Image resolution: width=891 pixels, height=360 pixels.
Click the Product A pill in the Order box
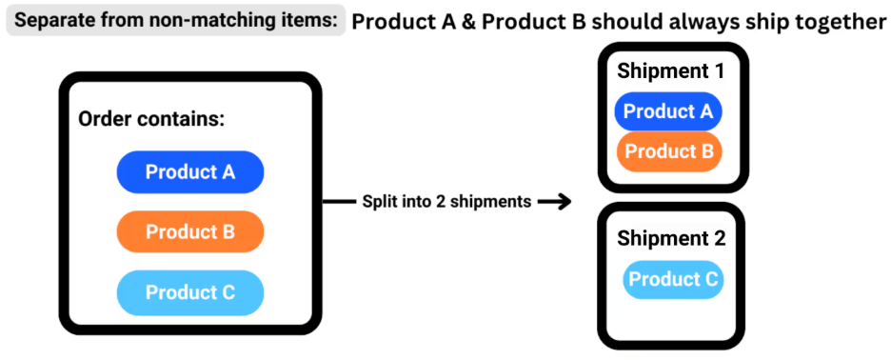pyautogui.click(x=189, y=172)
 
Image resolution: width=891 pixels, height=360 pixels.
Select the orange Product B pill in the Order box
pyautogui.click(x=189, y=231)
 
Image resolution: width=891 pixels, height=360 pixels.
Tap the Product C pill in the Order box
pyautogui.click(x=189, y=292)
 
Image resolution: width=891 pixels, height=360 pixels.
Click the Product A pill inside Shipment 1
pyautogui.click(x=668, y=111)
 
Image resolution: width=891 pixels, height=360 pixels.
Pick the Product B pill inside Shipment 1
pyautogui.click(x=668, y=151)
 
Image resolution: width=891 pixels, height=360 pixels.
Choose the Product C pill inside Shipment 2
pyautogui.click(x=673, y=280)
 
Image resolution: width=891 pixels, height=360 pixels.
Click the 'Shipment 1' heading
pyautogui.click(x=670, y=70)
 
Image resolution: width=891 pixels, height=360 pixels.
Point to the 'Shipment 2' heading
pyautogui.click(x=671, y=238)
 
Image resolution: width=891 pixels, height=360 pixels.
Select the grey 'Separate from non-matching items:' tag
pyautogui.click(x=176, y=20)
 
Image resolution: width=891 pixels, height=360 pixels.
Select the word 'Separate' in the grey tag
pyautogui.click(x=55, y=20)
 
